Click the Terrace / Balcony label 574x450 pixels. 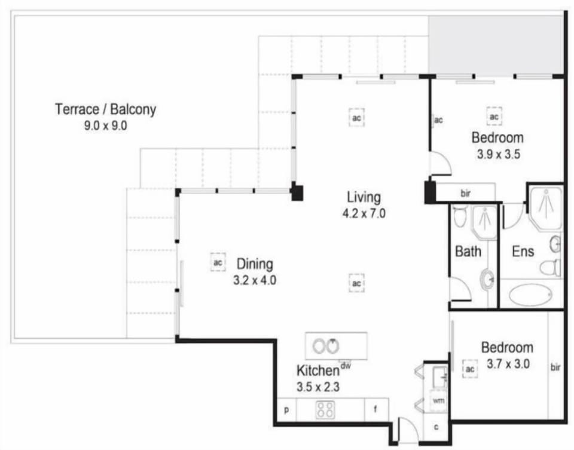105,109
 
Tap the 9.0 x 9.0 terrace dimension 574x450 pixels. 105,126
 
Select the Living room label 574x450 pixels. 364,197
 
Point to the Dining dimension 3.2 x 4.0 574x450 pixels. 255,281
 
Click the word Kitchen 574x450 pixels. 317,371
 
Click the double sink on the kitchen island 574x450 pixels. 326,346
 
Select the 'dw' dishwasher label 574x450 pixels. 345,366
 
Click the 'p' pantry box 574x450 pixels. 286,410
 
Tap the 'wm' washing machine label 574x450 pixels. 438,400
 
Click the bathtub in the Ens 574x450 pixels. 530,295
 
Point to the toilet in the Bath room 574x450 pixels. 460,216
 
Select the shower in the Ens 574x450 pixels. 546,208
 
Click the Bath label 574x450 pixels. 468,252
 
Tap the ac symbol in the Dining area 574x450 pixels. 218,262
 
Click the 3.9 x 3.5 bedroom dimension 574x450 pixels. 498,154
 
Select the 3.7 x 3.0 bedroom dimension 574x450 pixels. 508,364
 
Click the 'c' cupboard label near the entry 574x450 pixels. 436,427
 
